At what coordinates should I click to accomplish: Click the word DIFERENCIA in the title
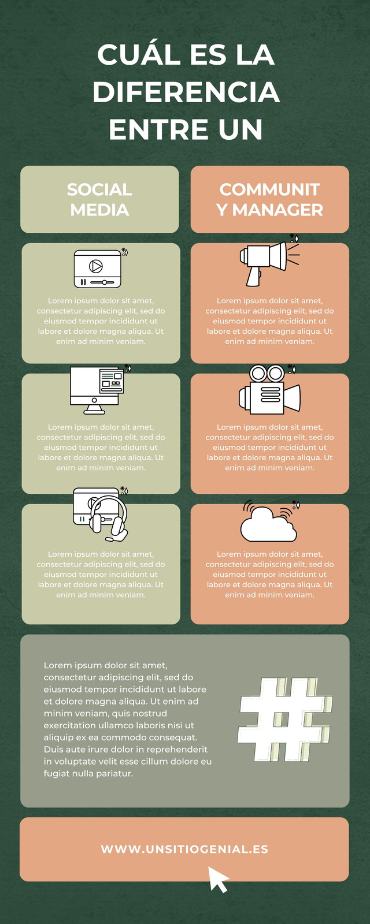186,92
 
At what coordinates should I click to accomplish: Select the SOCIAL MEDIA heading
99,200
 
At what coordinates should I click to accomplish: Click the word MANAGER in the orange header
277,210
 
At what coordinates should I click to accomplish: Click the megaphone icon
268,262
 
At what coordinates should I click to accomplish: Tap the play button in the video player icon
96,266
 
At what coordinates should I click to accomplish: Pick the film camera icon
269,389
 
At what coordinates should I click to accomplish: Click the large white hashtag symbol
285,720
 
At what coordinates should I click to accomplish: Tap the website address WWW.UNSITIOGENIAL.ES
184,849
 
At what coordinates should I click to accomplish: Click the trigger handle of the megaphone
254,277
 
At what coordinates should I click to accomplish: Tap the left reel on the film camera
258,373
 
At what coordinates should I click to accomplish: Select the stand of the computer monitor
95,409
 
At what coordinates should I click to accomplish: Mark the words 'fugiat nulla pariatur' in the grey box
88,773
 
